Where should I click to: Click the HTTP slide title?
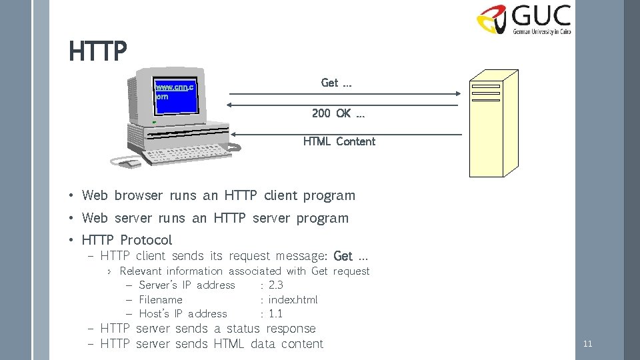tap(97, 51)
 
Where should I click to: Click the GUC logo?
tap(523, 20)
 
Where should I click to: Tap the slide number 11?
tap(587, 344)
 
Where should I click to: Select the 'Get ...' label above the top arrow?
tap(336, 83)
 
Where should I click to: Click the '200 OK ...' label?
tap(338, 113)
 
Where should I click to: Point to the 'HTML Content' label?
tap(339, 141)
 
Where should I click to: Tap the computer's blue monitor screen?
tap(175, 97)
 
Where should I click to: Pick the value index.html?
tap(293, 300)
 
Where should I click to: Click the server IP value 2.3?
tap(275, 285)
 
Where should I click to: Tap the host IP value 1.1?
tap(275, 314)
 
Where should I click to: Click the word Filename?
tap(160, 300)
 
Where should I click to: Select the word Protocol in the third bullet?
tap(146, 240)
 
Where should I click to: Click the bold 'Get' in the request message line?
tap(343, 256)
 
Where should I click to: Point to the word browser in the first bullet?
tap(138, 195)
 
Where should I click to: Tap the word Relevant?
tap(140, 271)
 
